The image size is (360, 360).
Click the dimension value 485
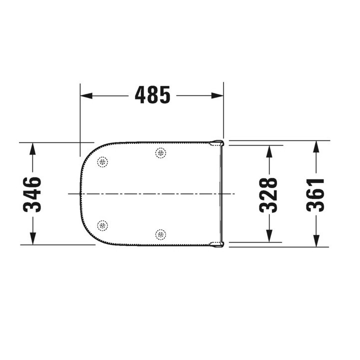tap(152, 95)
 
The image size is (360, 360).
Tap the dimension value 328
tap(268, 194)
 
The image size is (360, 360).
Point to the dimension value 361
tap(315, 194)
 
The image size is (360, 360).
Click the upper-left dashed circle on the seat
tap(102, 162)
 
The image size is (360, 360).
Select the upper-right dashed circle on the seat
tap(160, 153)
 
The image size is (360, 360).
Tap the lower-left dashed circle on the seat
tap(102, 225)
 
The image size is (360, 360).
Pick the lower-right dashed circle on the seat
tap(160, 233)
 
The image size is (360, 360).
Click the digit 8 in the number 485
tap(152, 95)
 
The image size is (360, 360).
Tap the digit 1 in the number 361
tap(315, 181)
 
